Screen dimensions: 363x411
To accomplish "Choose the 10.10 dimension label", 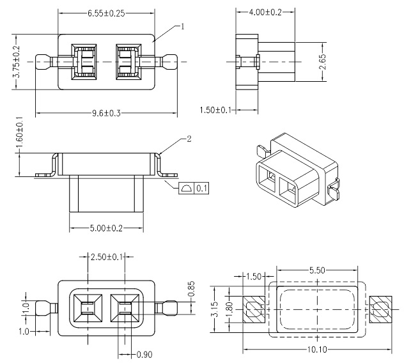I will (316, 350).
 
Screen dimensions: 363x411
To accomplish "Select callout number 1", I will (182, 27).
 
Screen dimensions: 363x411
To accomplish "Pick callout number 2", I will (189, 138).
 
